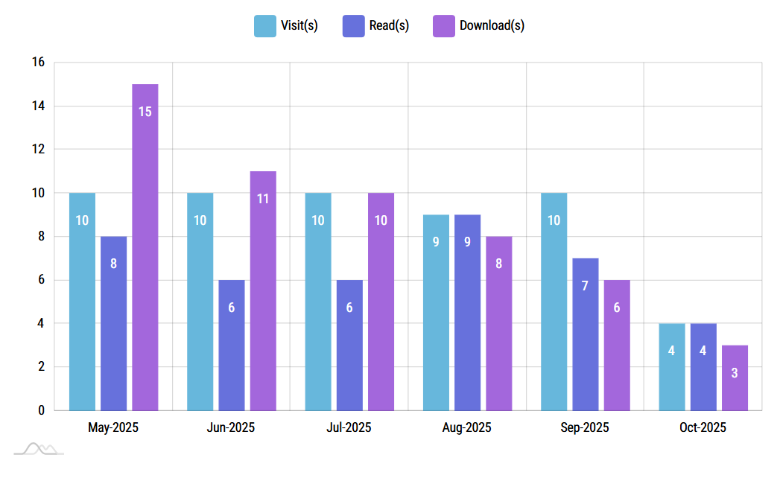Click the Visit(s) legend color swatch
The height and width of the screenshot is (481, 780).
point(264,25)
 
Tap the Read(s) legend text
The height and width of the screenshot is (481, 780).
point(389,25)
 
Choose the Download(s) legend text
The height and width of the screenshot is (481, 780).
point(492,25)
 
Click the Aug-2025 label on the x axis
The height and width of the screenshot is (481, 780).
point(466,428)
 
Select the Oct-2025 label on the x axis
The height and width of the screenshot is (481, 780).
point(703,428)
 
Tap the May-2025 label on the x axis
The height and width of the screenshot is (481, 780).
point(113,428)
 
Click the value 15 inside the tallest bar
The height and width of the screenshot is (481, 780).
point(145,112)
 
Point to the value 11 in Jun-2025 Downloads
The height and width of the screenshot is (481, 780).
point(263,199)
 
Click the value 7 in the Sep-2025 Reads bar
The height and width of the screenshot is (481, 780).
point(585,286)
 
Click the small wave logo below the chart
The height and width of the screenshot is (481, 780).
point(39,448)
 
